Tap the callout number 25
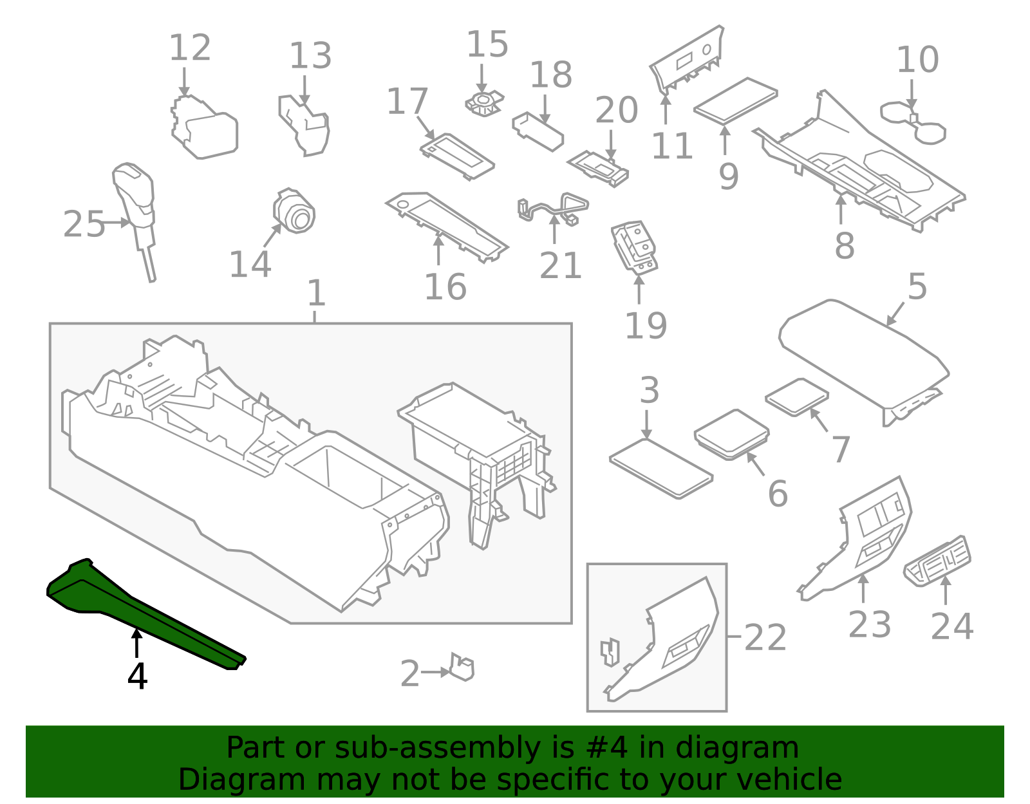[x=84, y=225]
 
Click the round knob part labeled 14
[x=295, y=210]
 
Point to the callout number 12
[x=190, y=48]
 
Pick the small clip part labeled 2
[x=462, y=668]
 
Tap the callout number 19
[x=646, y=326]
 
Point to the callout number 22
[x=765, y=637]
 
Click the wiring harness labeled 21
[x=554, y=206]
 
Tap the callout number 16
[x=445, y=287]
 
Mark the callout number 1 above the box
[x=316, y=294]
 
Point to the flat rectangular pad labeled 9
[x=735, y=100]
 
